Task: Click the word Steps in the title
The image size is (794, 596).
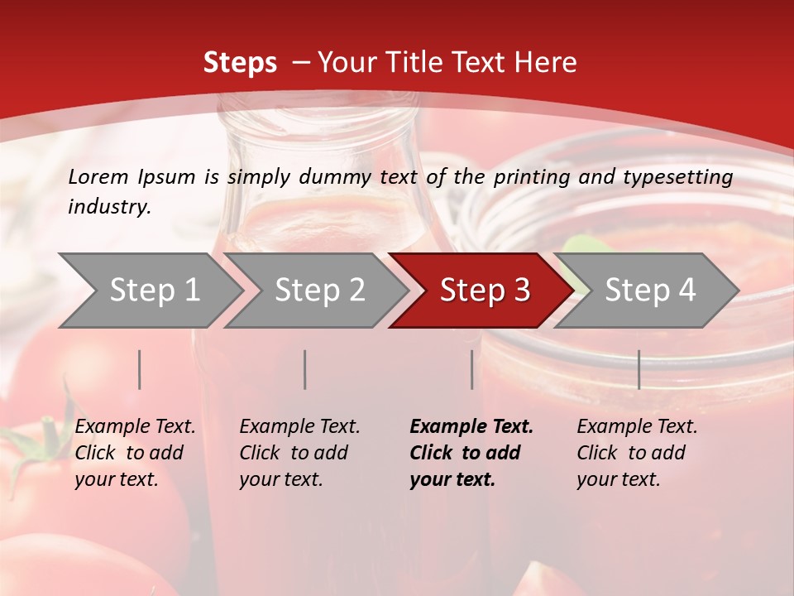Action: (240, 63)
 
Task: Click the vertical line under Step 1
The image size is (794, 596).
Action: (140, 369)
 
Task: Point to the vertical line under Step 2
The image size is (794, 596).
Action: (305, 369)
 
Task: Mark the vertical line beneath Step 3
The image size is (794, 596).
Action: (471, 369)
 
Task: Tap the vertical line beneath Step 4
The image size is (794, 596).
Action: (639, 369)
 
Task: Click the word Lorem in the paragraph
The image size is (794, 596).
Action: (98, 176)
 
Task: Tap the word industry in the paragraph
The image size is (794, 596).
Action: (109, 207)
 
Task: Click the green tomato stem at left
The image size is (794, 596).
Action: (37, 451)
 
